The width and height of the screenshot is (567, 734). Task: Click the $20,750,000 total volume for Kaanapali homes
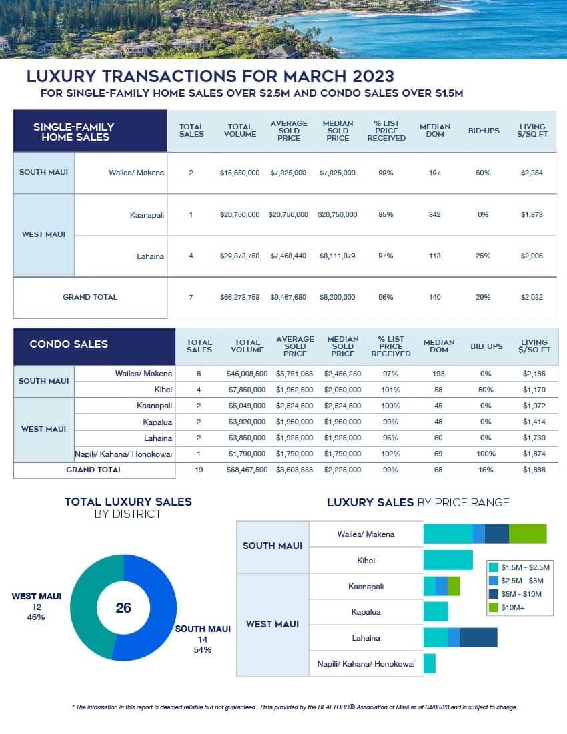[239, 214]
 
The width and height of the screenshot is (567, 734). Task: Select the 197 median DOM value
[435, 173]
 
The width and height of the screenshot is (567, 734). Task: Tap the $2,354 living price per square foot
[532, 173]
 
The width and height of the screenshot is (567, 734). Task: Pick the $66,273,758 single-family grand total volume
[239, 297]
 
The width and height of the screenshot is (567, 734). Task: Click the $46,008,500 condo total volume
[247, 374]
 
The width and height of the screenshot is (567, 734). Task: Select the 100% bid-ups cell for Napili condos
[486, 454]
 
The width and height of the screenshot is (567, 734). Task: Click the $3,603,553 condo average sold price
[295, 470]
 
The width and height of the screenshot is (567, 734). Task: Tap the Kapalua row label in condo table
[157, 422]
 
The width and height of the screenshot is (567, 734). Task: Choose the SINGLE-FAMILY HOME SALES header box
[89, 131]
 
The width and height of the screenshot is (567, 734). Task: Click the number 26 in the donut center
[123, 607]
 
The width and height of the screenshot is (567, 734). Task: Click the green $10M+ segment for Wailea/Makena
[528, 534]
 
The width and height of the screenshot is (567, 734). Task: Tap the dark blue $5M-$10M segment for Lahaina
[478, 637]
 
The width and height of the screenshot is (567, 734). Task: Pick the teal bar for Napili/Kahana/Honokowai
[430, 663]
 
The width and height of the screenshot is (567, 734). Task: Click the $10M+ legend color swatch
[494, 607]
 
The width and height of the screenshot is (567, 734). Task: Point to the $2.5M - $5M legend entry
[525, 580]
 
